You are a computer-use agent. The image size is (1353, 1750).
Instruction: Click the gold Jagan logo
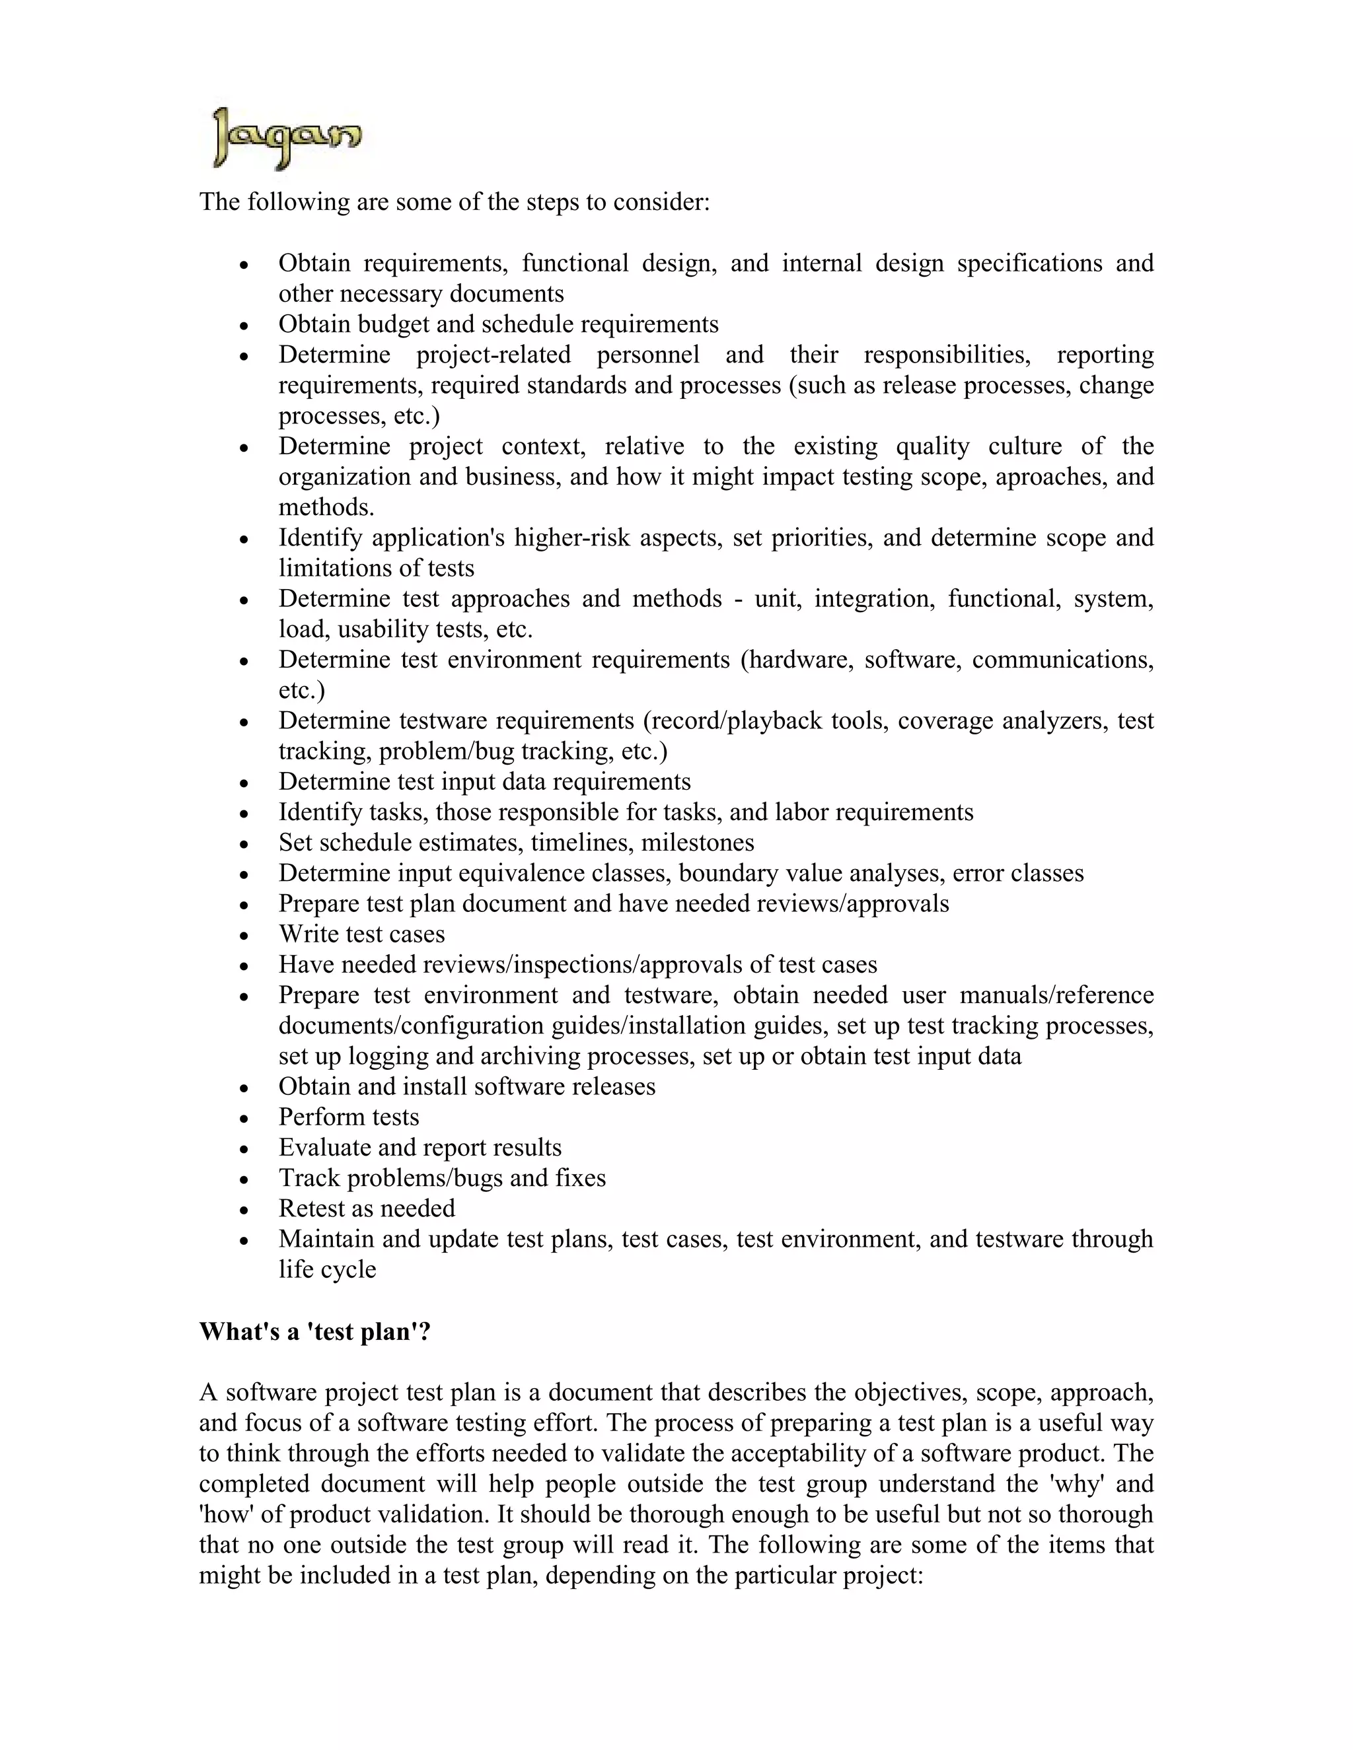pyautogui.click(x=287, y=139)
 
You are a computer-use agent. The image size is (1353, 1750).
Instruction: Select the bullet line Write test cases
pyautogui.click(x=361, y=934)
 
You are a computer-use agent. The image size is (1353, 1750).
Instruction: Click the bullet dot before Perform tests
pyautogui.click(x=245, y=1119)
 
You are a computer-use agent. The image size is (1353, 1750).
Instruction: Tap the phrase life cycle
pyautogui.click(x=327, y=1269)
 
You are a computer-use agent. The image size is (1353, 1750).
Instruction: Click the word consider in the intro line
pyautogui.click(x=661, y=201)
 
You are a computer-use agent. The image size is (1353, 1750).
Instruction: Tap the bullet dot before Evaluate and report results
pyautogui.click(x=245, y=1149)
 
